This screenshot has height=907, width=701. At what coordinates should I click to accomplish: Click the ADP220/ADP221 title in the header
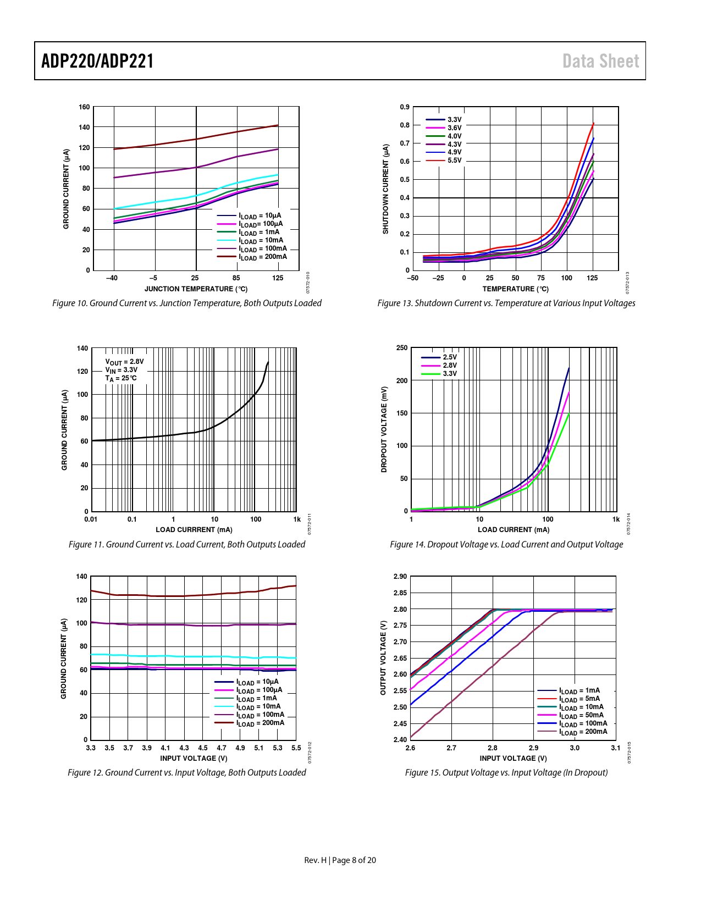97,61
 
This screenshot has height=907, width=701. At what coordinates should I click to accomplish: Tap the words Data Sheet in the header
600,61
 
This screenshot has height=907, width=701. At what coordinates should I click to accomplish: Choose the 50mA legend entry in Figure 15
581,715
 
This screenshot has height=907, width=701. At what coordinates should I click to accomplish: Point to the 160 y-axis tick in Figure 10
84,107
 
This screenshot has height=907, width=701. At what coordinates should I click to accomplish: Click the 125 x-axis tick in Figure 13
592,278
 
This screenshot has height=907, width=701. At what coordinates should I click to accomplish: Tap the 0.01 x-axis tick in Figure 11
91,519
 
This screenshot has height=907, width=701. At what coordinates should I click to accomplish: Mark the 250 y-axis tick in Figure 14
402,348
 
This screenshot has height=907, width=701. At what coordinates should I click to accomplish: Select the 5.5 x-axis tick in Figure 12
296,748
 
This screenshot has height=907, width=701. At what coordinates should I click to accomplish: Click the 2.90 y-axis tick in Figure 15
400,577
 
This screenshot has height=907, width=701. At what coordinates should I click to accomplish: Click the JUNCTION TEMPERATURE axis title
196,289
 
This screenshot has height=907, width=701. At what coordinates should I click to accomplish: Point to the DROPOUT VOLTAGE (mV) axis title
384,429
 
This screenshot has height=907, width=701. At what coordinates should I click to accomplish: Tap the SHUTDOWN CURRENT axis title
385,189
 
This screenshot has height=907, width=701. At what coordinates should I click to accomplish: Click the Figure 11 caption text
186,544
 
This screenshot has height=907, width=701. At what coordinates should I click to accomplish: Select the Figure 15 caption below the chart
506,772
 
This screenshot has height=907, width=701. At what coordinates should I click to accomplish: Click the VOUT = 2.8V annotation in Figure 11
124,362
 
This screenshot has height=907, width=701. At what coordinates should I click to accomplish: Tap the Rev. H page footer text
340,860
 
